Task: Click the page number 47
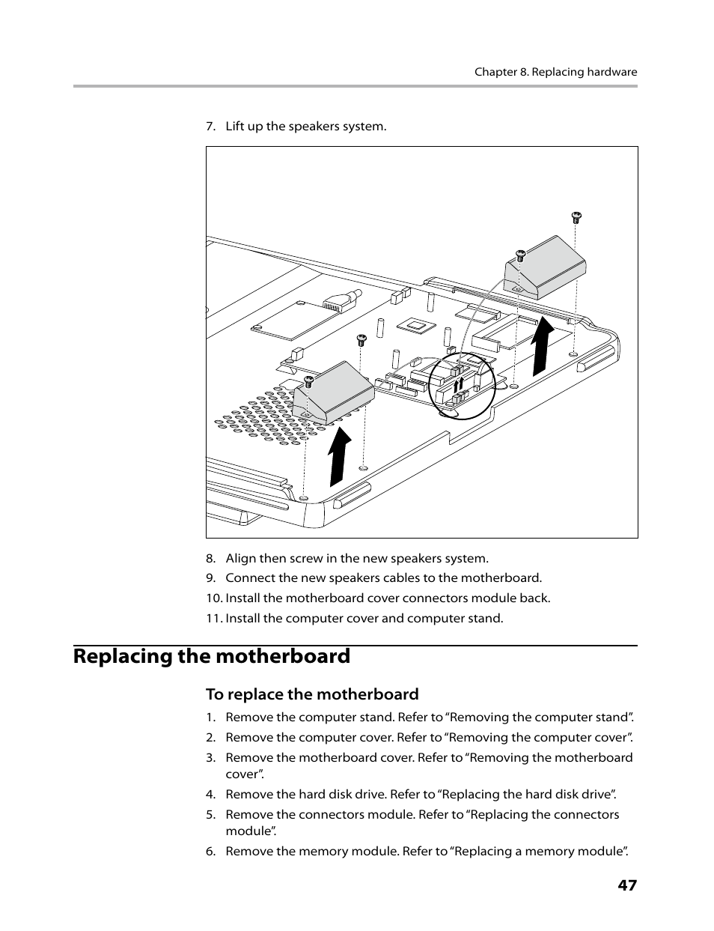pos(627,885)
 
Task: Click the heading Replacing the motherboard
pos(212,656)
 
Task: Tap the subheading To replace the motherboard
pos(312,694)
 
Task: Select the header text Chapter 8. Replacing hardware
pos(555,73)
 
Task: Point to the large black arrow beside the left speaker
pos(339,456)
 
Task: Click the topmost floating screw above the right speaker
pos(576,217)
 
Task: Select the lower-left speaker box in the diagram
pos(334,391)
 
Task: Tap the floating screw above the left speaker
pos(361,339)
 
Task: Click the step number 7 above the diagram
pos(210,126)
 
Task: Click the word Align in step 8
pos(240,558)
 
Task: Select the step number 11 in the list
pos(213,619)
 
